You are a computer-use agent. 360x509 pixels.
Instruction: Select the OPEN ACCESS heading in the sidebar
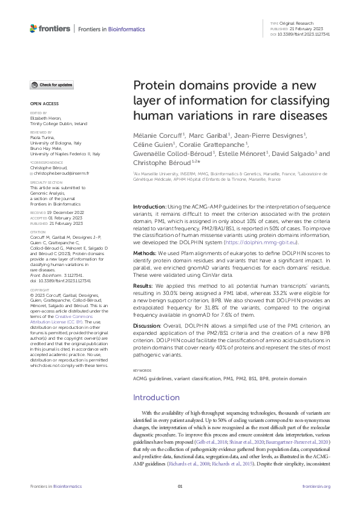44,103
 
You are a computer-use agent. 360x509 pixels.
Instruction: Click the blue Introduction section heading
156,397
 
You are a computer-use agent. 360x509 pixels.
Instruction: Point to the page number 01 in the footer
180,487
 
